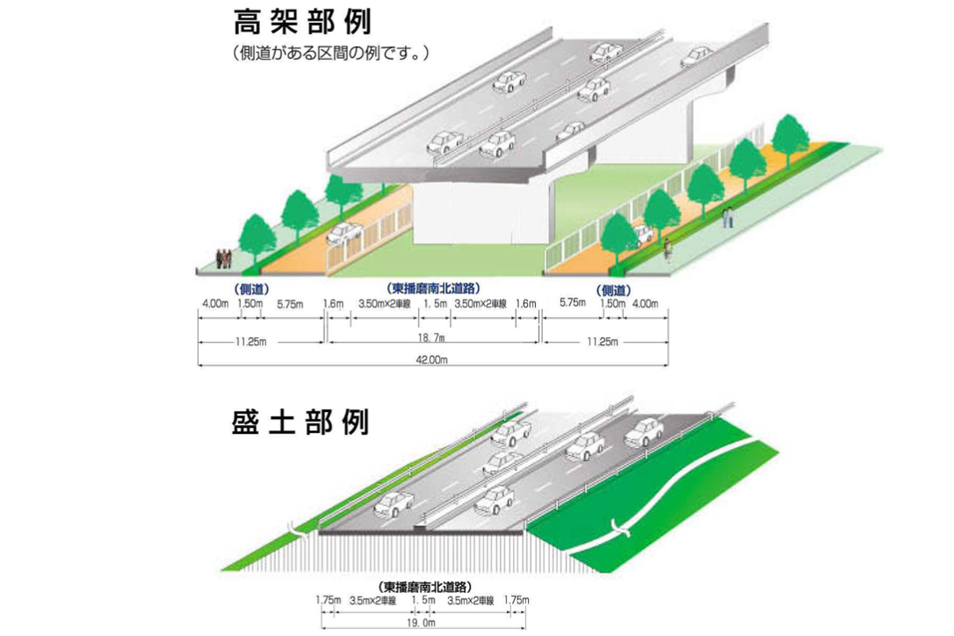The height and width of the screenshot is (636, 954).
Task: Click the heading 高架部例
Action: pos(302,23)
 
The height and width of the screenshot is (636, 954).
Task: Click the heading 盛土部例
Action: pos(302,422)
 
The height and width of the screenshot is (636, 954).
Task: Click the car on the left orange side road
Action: pos(343,232)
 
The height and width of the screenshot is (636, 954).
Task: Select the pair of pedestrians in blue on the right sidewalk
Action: pos(727,216)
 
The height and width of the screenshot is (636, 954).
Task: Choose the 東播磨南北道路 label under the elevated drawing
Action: pos(433,288)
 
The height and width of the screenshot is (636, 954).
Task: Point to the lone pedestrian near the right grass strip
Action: pos(668,250)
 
